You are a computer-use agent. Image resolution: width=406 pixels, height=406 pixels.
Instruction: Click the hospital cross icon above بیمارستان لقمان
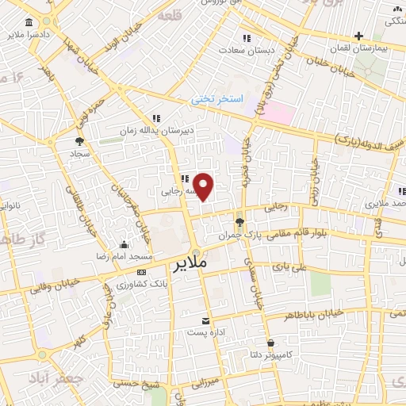coord(358,36)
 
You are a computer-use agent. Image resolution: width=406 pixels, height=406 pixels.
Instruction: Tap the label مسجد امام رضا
coord(124,259)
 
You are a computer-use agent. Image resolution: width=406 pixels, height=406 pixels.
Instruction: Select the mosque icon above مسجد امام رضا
coord(123,245)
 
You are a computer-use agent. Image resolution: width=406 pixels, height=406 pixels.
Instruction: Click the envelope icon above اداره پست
coord(206,320)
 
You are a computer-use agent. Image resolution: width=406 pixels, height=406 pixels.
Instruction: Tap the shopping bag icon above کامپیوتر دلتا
coord(272,343)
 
